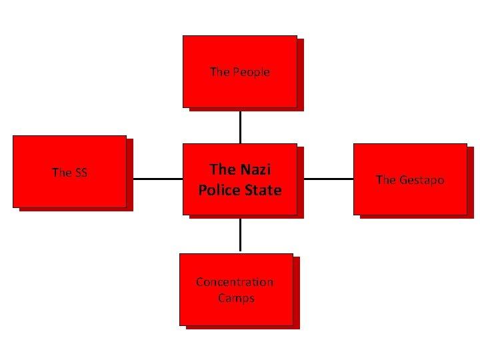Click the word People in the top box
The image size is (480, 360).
[x=251, y=72]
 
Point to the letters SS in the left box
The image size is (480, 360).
[x=80, y=173]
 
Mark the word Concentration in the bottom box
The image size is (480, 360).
[x=235, y=282]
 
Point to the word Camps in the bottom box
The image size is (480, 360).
[x=236, y=298]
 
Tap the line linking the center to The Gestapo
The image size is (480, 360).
[x=328, y=179]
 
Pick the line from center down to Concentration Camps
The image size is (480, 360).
[x=240, y=235]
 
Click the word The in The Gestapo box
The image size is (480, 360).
[x=386, y=180]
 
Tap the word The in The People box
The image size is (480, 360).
[x=219, y=72]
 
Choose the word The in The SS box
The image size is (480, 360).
[x=61, y=173]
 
